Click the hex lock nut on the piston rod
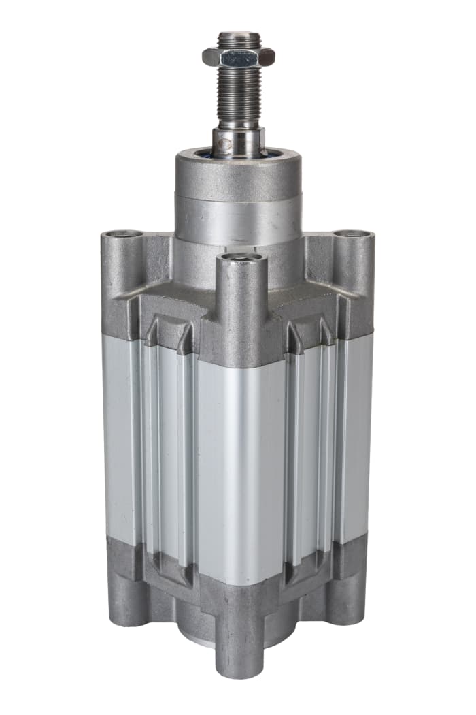pyautogui.click(x=237, y=57)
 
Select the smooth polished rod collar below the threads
pyautogui.click(x=237, y=140)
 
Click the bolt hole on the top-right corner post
pyautogui.click(x=353, y=234)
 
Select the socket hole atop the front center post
pyautogui.click(x=238, y=257)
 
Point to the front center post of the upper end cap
pyautogui.click(x=238, y=300)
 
